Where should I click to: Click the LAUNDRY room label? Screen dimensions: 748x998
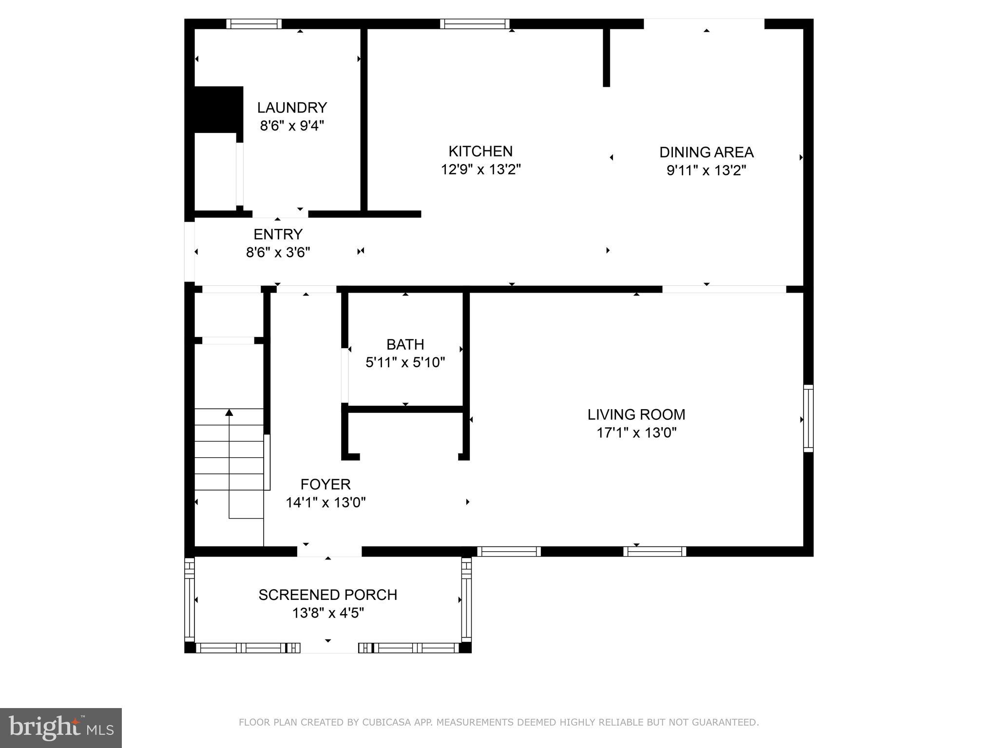click(x=292, y=108)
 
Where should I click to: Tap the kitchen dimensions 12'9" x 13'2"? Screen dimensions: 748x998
click(x=480, y=169)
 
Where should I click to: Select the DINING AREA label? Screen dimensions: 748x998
click(x=706, y=152)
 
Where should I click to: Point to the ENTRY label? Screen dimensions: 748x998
click(x=278, y=234)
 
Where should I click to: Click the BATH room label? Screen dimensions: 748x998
click(x=405, y=344)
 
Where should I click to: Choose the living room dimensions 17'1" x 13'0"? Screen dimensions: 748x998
click(x=636, y=432)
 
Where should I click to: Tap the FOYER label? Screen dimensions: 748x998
click(x=326, y=485)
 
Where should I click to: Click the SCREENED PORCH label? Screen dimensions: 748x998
click(x=327, y=595)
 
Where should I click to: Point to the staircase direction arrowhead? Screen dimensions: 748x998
click(x=229, y=413)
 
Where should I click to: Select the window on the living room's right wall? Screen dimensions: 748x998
click(x=808, y=418)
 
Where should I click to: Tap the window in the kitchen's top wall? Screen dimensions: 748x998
click(x=474, y=24)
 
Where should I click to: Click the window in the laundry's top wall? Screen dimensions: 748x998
click(x=254, y=24)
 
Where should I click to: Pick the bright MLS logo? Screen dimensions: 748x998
click(x=61, y=728)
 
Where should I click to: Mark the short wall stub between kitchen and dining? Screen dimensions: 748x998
click(x=606, y=57)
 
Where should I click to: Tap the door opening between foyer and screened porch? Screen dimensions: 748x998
click(x=329, y=551)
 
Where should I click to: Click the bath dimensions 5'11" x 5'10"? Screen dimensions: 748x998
click(x=405, y=362)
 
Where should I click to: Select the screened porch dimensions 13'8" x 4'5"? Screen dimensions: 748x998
click(x=327, y=613)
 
